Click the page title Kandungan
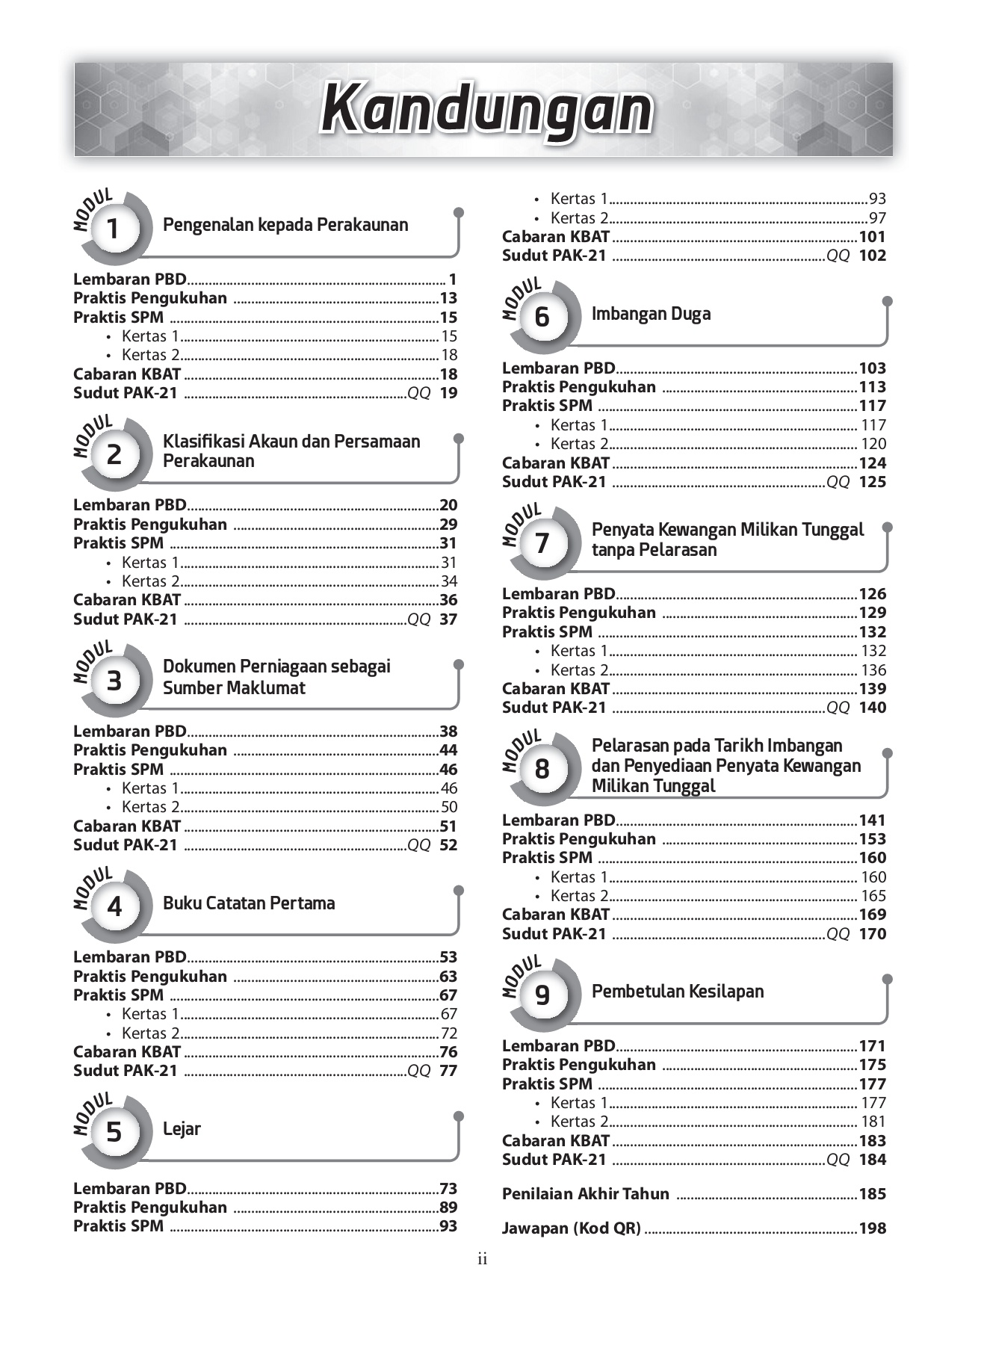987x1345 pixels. pos(486,110)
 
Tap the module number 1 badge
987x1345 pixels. pos(113,229)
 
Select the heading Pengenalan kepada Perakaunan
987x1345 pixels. pos(285,225)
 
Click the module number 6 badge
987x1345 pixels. pos(542,317)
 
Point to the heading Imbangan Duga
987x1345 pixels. pos(651,314)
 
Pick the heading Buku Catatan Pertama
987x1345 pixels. pos(249,903)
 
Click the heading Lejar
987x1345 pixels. pos(182,1129)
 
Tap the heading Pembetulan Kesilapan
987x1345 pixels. pos(678,992)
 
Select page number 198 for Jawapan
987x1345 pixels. pos(872,1228)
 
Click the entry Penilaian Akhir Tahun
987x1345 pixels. pos(585,1194)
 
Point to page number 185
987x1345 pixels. pos(872,1194)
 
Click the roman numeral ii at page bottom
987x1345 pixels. pos(483,1260)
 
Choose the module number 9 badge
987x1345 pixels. pos(542,995)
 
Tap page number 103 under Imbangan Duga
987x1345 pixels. pos(872,368)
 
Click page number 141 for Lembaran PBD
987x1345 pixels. pos(872,820)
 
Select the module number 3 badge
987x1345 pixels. pos(114,681)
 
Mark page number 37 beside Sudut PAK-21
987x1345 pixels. pos(448,619)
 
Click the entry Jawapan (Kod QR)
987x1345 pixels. pos(571,1228)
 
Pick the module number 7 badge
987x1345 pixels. pos(542,543)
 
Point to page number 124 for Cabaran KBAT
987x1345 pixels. pos(872,463)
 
